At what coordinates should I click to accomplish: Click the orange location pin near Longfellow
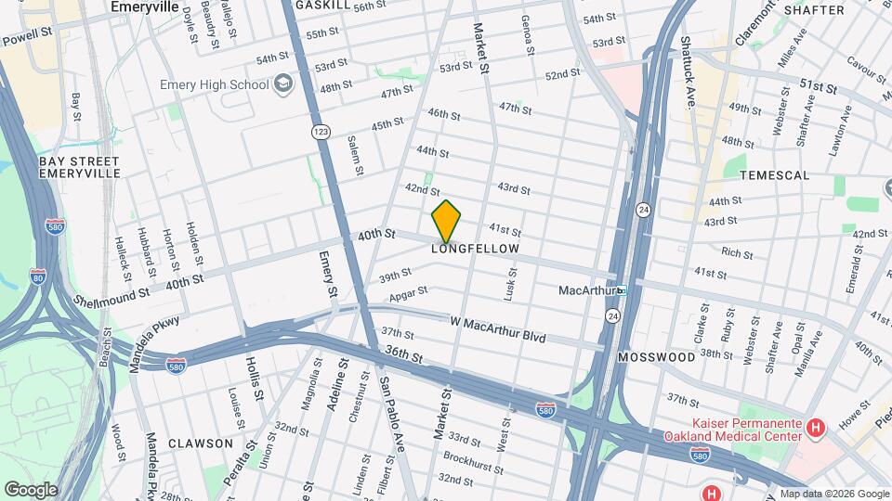[x=446, y=221]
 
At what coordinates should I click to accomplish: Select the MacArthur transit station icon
[x=622, y=290]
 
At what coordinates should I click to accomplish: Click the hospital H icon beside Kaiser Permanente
[x=815, y=428]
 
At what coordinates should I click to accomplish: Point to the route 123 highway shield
[x=321, y=132]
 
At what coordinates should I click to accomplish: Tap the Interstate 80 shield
[x=37, y=276]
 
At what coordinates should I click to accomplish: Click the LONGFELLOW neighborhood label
[x=475, y=250]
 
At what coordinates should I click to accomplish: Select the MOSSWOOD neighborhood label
[x=656, y=356]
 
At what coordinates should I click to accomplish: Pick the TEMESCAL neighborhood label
[x=774, y=174]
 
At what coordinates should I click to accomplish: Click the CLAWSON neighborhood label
[x=201, y=443]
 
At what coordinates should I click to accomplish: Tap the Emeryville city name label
[x=144, y=6]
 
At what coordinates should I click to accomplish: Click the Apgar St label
[x=409, y=294]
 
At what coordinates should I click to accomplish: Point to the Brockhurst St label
[x=473, y=456]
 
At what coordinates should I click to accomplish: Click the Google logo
[x=31, y=489]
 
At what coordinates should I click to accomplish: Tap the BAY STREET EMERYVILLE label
[x=80, y=167]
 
